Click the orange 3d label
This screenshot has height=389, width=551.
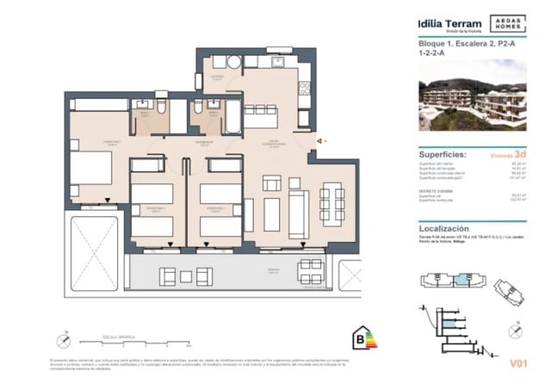click(520, 155)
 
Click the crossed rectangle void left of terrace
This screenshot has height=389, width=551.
click(93, 250)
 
